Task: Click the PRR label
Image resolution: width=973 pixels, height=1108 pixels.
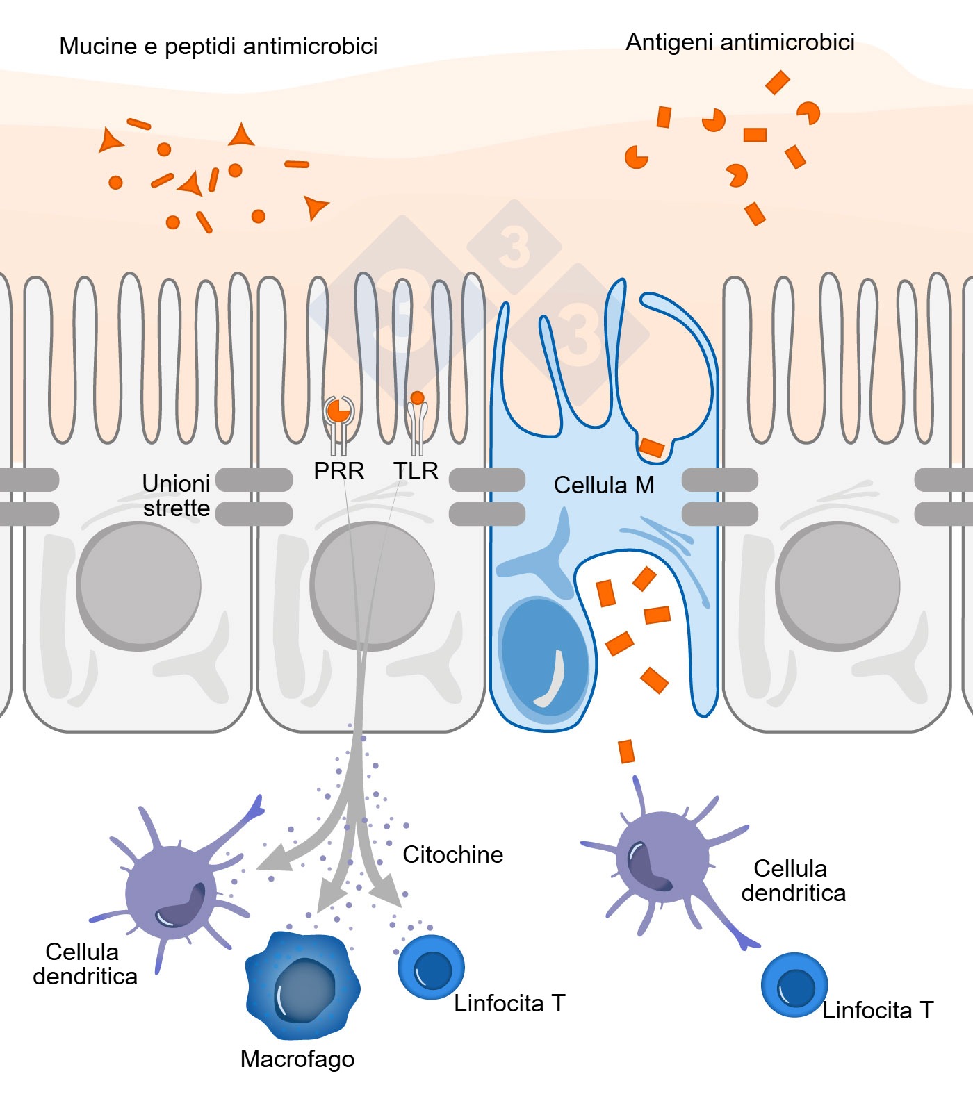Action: (x=338, y=471)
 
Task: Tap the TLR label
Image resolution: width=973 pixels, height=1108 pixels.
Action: (x=416, y=471)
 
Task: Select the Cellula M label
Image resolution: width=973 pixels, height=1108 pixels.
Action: (x=603, y=485)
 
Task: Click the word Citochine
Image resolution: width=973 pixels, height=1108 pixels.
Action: (x=452, y=854)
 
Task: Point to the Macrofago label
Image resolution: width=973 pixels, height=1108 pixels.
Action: (x=297, y=1059)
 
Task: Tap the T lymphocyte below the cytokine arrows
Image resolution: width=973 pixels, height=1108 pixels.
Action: (x=431, y=967)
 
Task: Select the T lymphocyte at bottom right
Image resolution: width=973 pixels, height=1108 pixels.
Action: (x=794, y=985)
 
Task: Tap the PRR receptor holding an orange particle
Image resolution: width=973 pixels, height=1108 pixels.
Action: (x=338, y=415)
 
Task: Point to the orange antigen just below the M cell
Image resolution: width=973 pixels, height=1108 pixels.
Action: (x=626, y=751)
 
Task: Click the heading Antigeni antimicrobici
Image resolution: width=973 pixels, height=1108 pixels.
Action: (x=739, y=42)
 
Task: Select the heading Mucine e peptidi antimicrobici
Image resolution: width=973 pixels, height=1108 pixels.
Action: (x=218, y=47)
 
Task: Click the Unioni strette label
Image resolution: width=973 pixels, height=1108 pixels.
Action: (x=176, y=495)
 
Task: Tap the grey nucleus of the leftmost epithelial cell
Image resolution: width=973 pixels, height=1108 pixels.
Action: (x=139, y=585)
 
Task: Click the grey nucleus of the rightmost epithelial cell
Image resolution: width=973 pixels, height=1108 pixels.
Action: (x=838, y=585)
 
